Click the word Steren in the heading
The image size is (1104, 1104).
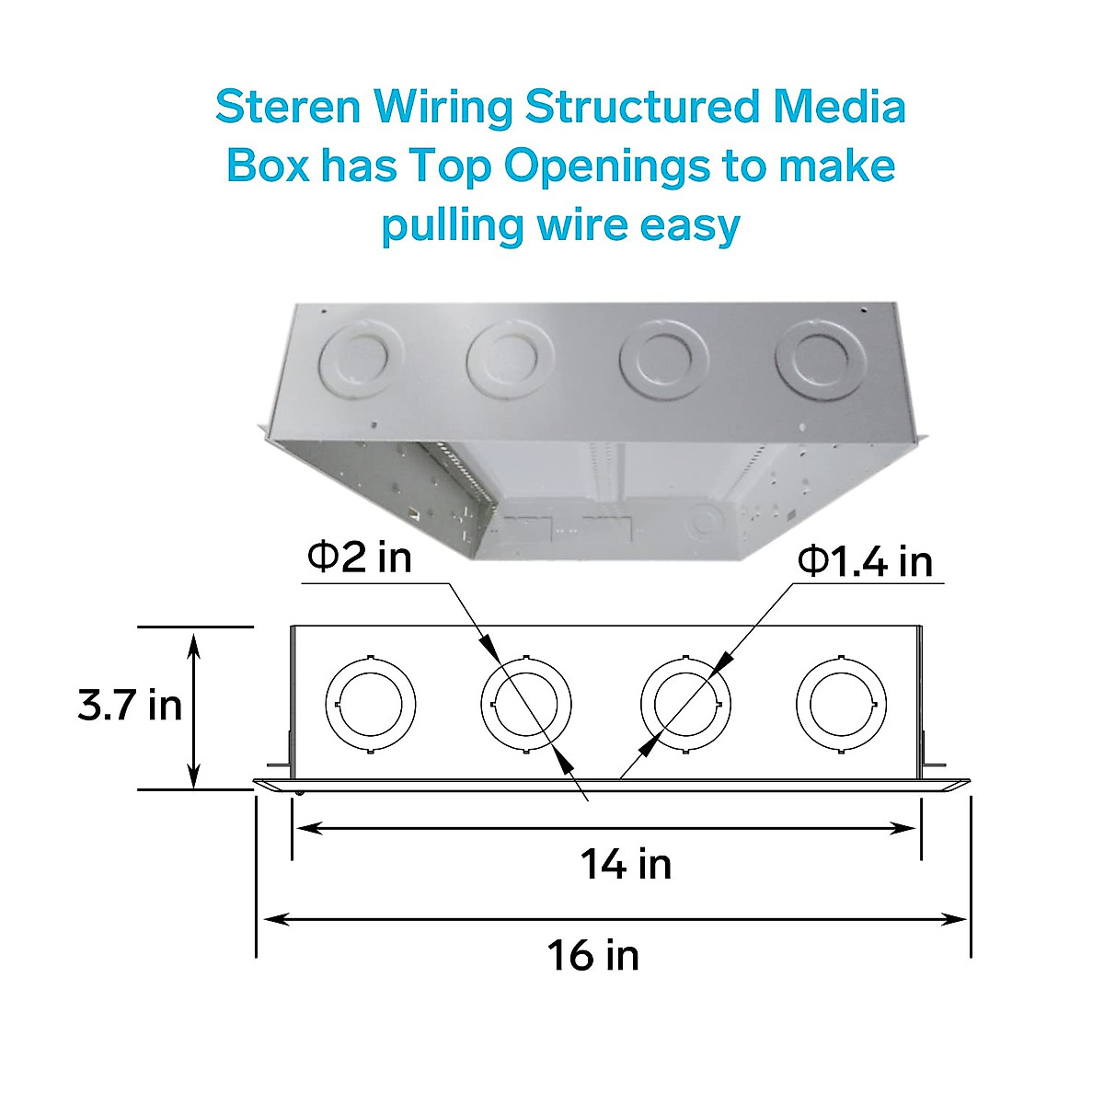pyautogui.click(x=288, y=108)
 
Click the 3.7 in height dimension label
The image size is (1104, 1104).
pyautogui.click(x=130, y=707)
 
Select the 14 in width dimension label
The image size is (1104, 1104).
pyautogui.click(x=626, y=865)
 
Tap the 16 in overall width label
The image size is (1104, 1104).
pyautogui.click(x=593, y=955)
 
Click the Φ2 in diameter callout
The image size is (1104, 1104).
pyautogui.click(x=359, y=558)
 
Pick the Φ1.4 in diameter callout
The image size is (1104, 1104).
pyautogui.click(x=866, y=560)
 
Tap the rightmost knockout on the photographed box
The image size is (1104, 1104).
pyautogui.click(x=821, y=361)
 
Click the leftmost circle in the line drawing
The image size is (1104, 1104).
pyautogui.click(x=372, y=704)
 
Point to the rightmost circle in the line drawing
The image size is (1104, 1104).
pyautogui.click(x=841, y=704)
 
